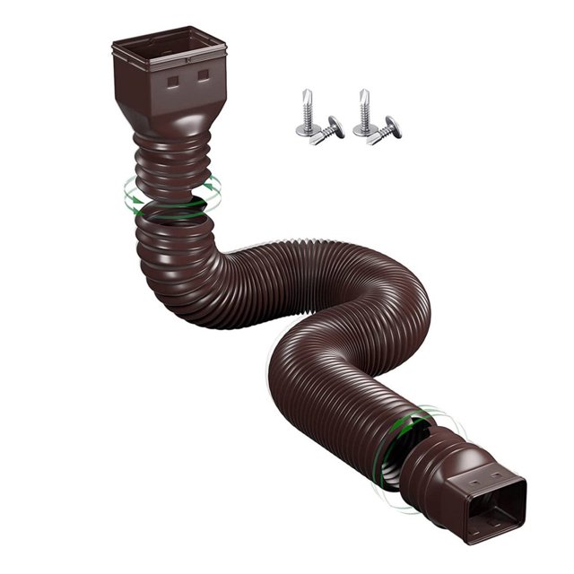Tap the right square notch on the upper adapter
205,76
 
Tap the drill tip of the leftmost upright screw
305,93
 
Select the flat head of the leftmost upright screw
305,131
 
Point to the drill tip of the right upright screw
364,93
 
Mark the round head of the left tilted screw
335,126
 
